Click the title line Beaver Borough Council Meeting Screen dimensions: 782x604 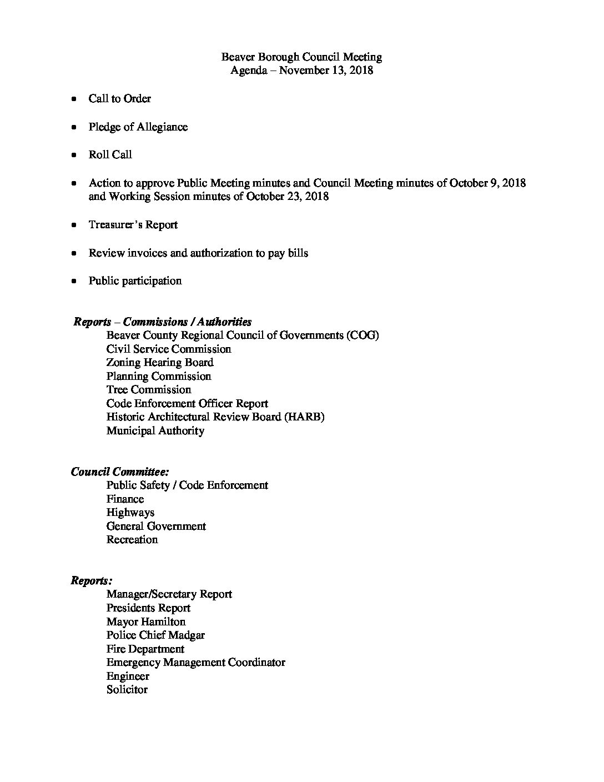pos(301,57)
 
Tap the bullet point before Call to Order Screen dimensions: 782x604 pos(74,99)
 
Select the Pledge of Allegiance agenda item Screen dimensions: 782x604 pos(138,127)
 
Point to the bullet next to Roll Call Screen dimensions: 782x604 pos(74,155)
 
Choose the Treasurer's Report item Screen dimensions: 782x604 pos(133,225)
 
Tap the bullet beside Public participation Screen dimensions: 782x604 pos(74,281)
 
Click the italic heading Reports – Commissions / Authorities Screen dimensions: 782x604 pos(163,322)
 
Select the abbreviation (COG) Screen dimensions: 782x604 pos(361,335)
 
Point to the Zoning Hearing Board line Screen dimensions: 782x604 pos(160,363)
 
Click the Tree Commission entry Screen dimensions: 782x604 pos(149,390)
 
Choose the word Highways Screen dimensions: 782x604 pos(130,513)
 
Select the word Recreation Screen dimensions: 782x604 pos(132,540)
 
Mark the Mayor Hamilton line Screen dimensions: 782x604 pos(146,621)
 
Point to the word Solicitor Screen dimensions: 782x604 pos(127,690)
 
